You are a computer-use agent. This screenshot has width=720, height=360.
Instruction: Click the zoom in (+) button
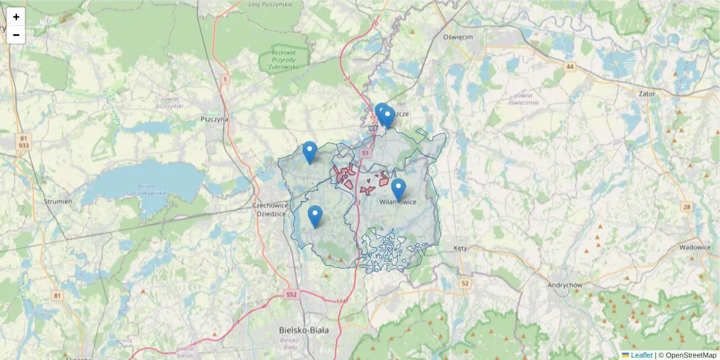(x=16, y=17)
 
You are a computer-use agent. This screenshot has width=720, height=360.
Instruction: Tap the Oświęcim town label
(x=458, y=37)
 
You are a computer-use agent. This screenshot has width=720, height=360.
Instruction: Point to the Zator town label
(x=647, y=94)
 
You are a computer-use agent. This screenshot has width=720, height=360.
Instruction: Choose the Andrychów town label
(x=565, y=286)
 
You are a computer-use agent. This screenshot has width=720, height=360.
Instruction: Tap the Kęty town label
(x=461, y=248)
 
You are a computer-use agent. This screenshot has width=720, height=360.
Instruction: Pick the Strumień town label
(x=58, y=202)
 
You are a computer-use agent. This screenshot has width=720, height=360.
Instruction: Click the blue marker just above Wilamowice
(x=398, y=188)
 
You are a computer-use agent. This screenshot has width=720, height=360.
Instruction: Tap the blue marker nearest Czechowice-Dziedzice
(x=314, y=215)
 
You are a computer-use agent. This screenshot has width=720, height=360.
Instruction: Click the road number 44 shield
(x=569, y=67)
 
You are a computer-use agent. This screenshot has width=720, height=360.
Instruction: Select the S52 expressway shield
(x=292, y=295)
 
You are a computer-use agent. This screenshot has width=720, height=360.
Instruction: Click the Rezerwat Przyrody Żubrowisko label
(x=284, y=59)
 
